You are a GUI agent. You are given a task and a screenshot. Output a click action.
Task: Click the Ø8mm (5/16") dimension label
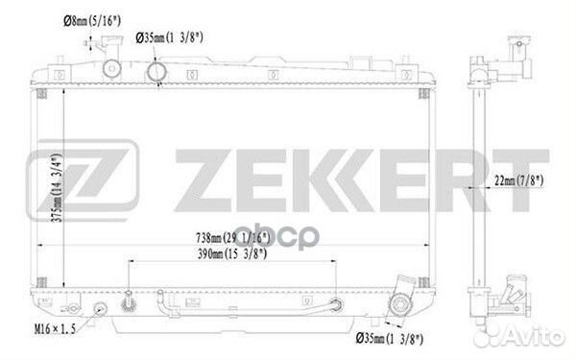[x=92, y=21]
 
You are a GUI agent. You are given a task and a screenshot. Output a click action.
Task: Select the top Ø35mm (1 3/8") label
[x=169, y=37]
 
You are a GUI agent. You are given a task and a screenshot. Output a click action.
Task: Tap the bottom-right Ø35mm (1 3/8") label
[x=390, y=338]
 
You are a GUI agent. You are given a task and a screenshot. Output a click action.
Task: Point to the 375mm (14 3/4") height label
[x=57, y=187]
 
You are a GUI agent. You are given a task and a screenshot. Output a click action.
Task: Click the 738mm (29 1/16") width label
[x=233, y=238]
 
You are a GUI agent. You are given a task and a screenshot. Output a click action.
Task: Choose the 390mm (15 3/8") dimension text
[x=232, y=253]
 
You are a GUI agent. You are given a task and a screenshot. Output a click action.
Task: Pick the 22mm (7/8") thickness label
[x=518, y=180]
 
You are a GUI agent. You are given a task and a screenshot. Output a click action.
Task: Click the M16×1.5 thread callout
[x=55, y=328]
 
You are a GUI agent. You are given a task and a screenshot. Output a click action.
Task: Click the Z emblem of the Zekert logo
[x=83, y=180]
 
